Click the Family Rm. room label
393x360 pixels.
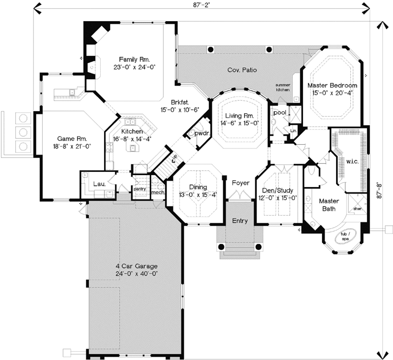pyautogui.click(x=134, y=59)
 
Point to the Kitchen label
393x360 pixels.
pyautogui.click(x=132, y=132)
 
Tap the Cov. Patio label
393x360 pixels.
pyautogui.click(x=242, y=70)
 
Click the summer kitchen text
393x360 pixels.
pyautogui.click(x=284, y=88)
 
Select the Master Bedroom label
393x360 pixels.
pyautogui.click(x=332, y=86)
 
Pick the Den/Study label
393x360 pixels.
pyautogui.click(x=278, y=190)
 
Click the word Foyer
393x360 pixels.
pyautogui.click(x=240, y=183)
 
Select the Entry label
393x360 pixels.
pyautogui.click(x=240, y=221)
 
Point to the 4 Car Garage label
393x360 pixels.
pyautogui.click(x=137, y=266)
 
